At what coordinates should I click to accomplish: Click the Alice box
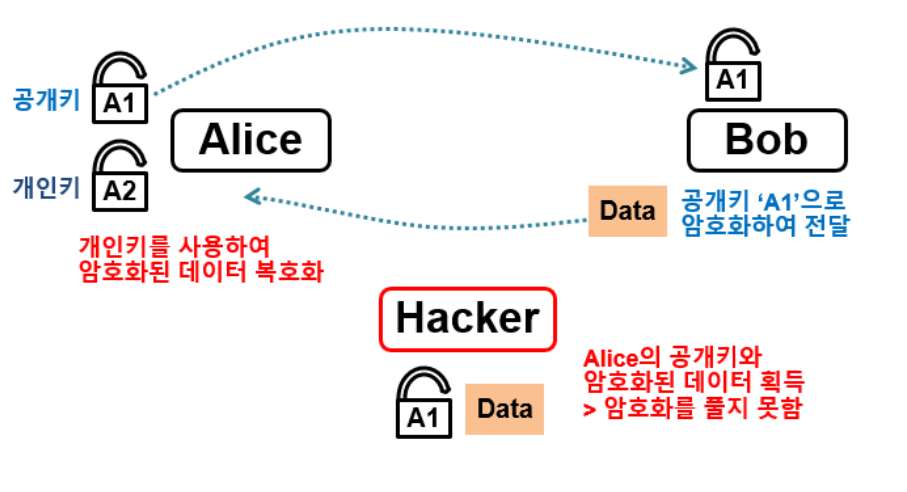pos(250,140)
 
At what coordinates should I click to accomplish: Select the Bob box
pos(766,140)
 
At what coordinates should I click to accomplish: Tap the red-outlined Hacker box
pos(467,319)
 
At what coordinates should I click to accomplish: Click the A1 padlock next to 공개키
pos(120,89)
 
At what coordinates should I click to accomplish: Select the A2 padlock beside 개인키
pos(120,176)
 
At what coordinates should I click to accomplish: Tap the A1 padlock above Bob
pos(733,68)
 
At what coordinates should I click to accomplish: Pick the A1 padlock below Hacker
pos(424,404)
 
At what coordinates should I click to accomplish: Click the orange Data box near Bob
pos(627,211)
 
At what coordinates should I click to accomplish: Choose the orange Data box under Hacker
pos(504,408)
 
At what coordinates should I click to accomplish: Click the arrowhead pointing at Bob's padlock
pos(689,67)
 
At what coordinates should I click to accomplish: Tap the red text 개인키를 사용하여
pos(173,246)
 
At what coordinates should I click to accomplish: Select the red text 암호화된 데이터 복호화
pos(200,270)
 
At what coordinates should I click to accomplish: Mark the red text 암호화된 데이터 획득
pos(694,383)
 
